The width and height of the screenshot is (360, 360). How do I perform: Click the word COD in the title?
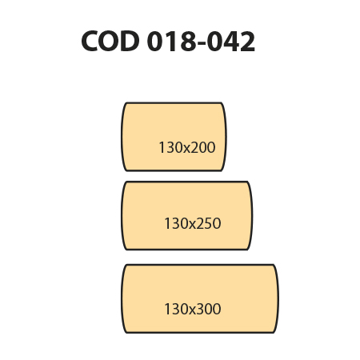pos(110,41)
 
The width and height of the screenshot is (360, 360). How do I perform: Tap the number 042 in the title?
pos(231,41)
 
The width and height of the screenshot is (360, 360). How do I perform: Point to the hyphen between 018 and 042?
pos(202,43)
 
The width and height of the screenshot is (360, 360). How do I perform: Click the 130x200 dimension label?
pos(187,147)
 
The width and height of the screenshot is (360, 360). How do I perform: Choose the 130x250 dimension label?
pos(193,223)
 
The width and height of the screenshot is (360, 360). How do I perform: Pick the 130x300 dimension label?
pos(193,309)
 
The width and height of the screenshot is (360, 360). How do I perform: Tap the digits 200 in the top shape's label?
pos(203,147)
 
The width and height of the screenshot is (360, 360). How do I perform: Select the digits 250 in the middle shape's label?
pos(209,223)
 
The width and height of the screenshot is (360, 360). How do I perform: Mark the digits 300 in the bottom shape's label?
pos(209,309)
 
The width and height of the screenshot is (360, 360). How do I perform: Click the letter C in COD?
pos(90,41)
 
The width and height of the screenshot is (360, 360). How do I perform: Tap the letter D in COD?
pos(130,41)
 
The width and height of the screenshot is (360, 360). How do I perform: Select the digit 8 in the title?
pos(189,41)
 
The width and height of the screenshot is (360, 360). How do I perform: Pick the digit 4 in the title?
pos(231,41)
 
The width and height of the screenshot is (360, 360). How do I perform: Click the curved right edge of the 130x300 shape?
pos(278,298)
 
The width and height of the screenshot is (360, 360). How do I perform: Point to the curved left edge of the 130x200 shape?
pos(122,137)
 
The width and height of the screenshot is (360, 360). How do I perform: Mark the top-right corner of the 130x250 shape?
pos(248,182)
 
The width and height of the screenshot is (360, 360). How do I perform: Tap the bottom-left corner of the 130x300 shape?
pos(126,332)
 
